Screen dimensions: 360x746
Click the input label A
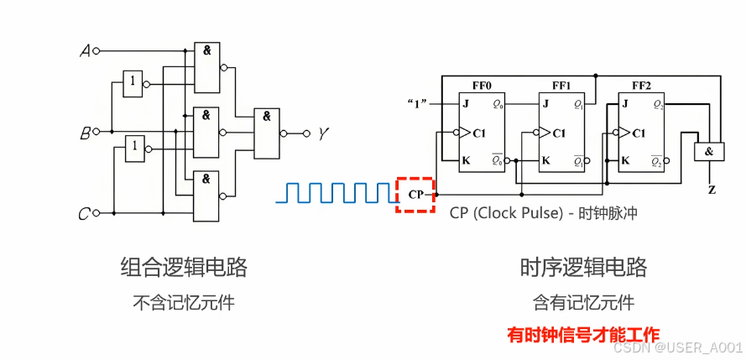pos(84,51)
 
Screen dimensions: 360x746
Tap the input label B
pos(85,133)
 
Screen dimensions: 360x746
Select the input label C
pos(84,215)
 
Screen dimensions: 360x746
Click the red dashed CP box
pos(415,196)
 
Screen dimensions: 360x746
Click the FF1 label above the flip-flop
pos(561,86)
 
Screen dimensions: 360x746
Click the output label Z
pos(712,190)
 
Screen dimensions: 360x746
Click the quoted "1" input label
pos(417,104)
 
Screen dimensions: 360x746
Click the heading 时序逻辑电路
pos(583,268)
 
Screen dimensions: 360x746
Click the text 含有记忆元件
pos(583,302)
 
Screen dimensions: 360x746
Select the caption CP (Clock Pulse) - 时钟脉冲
pos(543,213)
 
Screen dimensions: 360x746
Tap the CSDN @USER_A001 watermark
pos(678,347)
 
